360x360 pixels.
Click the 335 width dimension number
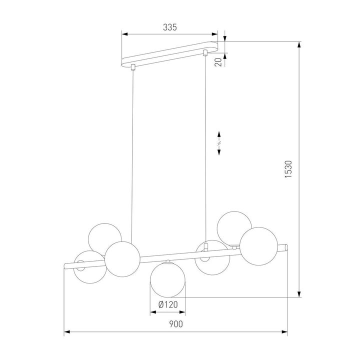point(170,27)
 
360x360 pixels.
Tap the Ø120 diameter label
point(168,304)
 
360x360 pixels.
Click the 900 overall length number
point(175,324)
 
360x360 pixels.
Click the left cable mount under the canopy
point(132,67)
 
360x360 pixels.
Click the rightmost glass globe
point(258,244)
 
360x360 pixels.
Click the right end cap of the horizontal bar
point(285,248)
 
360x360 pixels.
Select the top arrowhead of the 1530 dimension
point(299,44)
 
